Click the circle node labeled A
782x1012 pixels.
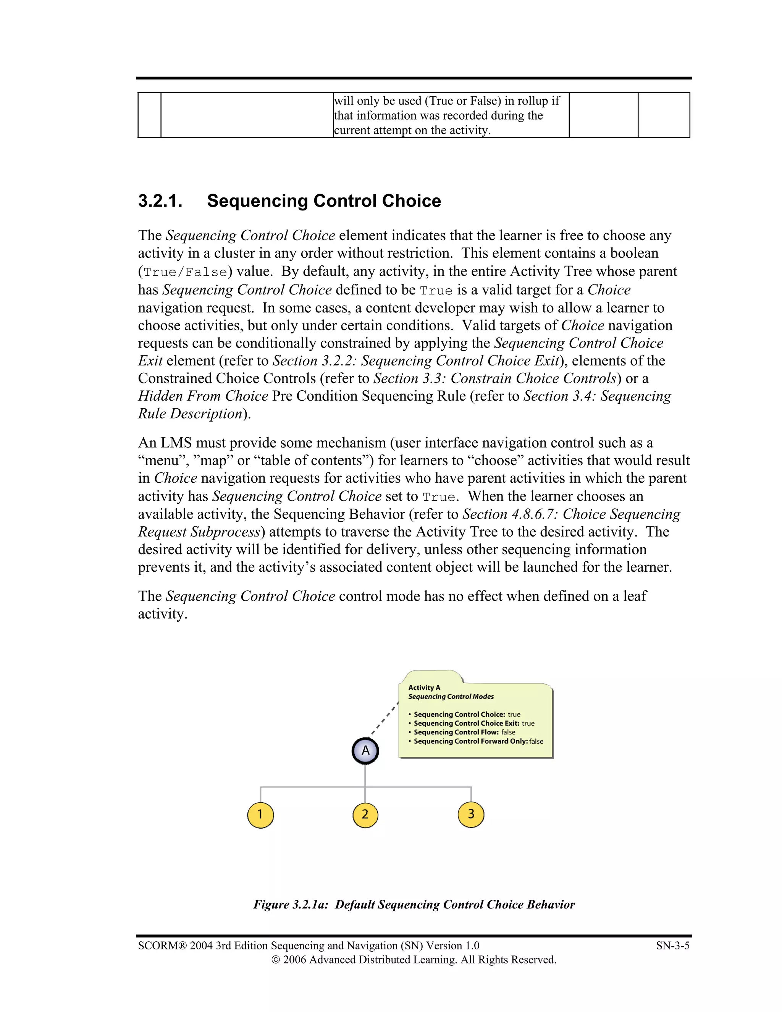[x=365, y=751]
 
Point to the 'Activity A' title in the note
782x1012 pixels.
[x=424, y=688]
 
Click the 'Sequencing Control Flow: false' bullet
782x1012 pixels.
[x=464, y=732]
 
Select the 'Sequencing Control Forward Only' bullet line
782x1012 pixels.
[x=477, y=741]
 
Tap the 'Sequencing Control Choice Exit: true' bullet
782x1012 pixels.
[x=473, y=723]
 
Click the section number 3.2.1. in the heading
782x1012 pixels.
[x=160, y=201]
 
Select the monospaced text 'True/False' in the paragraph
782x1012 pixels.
[x=185, y=272]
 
